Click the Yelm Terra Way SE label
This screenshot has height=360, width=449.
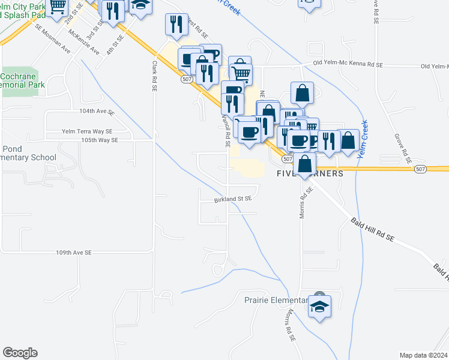pyautogui.click(x=87, y=131)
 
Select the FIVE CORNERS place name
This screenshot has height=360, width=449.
pyautogui.click(x=310, y=173)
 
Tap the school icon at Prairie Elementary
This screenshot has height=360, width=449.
pyautogui.click(x=319, y=307)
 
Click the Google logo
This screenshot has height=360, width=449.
pyautogui.click(x=20, y=353)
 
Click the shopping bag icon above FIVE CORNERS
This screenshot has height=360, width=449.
pyautogui.click(x=306, y=164)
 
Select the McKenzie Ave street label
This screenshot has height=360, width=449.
pyautogui.click(x=84, y=41)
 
